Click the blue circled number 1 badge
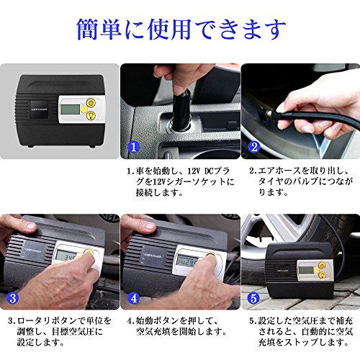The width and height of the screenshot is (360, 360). pos(133,147)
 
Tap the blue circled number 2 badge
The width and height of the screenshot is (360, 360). pos(254,147)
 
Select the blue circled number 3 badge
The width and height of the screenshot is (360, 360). pos(13,298)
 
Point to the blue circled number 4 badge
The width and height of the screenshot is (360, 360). pos(134,298)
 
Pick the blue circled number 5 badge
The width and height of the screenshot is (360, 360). pos(253,298)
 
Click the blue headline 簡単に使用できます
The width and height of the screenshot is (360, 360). pos(181,30)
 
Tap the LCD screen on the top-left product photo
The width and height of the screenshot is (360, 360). pos(70,109)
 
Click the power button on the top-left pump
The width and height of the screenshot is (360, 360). pos(91,103)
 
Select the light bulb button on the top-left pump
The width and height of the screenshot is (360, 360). pos(91,116)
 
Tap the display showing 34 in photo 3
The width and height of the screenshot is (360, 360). pos(69,257)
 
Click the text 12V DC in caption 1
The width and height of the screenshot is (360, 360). pos(200,171)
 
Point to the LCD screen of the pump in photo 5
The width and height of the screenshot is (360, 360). pos(307,271)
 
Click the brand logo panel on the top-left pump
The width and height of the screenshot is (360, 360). pos(39,109)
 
